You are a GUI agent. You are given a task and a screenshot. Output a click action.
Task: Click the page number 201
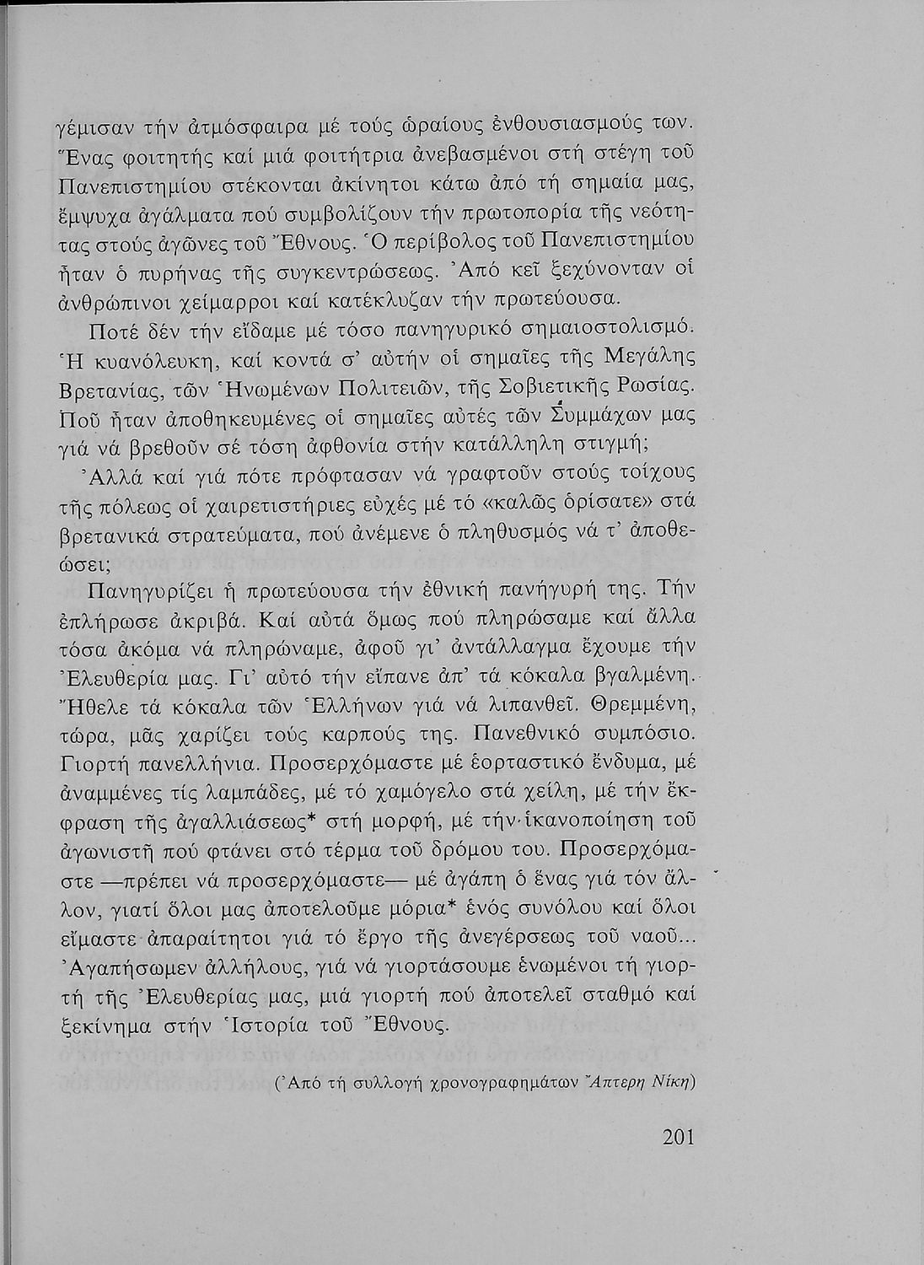678,1138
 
